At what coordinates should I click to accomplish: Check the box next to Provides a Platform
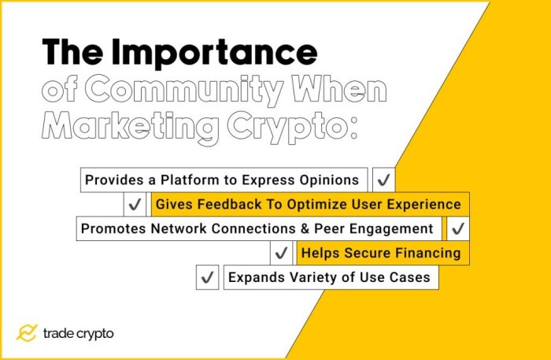click(x=383, y=180)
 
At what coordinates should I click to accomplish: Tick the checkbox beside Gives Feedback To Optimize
click(x=135, y=204)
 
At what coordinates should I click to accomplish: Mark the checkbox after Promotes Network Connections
click(x=457, y=228)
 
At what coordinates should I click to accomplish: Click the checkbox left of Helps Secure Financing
click(x=282, y=253)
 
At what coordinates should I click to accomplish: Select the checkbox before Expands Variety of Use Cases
click(x=207, y=277)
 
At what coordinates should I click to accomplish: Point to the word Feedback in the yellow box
click(x=222, y=204)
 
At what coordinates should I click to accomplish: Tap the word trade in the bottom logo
click(x=59, y=333)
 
